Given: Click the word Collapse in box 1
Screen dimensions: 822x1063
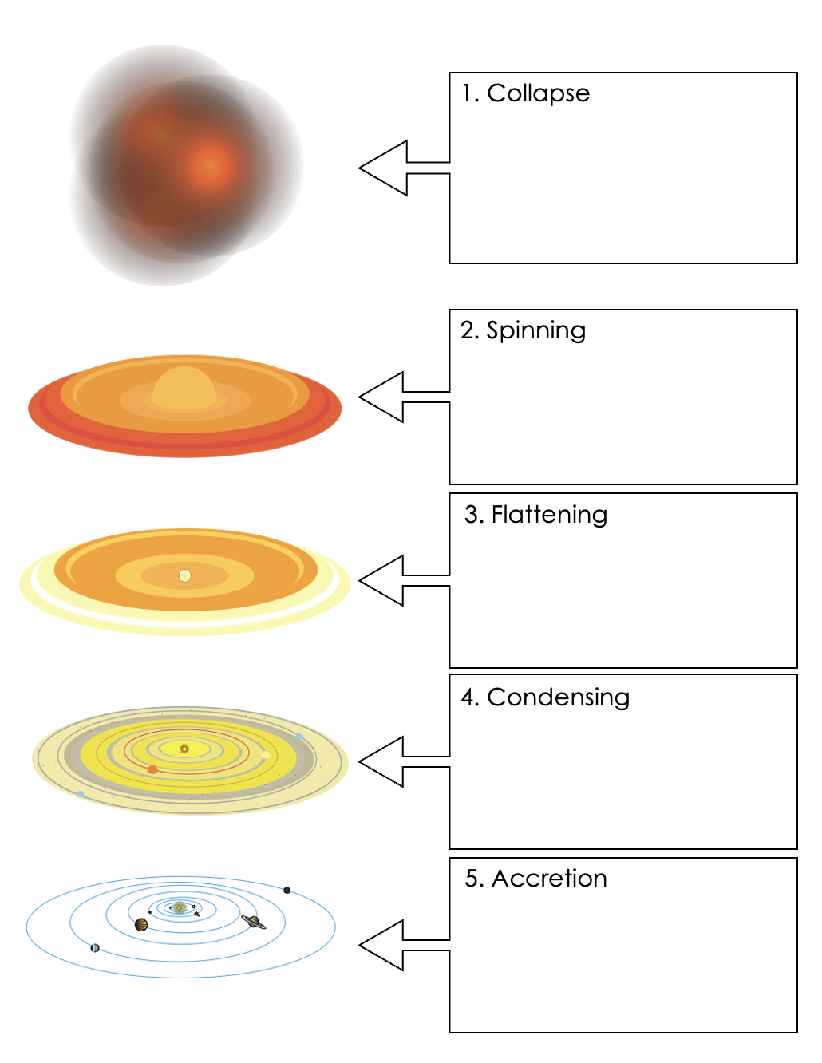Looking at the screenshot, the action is [x=538, y=93].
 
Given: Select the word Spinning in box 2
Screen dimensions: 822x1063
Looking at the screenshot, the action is [x=535, y=330].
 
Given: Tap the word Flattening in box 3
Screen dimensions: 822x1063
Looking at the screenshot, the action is [x=549, y=515].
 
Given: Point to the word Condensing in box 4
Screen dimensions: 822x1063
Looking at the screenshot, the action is [x=558, y=697].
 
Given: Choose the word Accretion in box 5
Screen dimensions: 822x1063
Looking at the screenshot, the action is [x=549, y=879].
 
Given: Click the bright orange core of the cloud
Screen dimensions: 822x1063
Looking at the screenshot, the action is [x=210, y=164].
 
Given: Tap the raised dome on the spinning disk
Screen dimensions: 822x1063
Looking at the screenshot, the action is [x=184, y=388].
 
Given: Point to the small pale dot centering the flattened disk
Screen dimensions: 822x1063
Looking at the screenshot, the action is [x=185, y=575].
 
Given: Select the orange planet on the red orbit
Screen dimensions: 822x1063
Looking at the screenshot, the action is [x=152, y=769].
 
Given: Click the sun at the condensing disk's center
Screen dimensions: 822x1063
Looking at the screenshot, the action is [x=184, y=749].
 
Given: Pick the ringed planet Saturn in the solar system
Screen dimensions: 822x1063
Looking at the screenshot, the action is [x=254, y=922].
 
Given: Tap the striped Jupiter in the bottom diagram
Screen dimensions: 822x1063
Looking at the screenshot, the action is [x=141, y=924].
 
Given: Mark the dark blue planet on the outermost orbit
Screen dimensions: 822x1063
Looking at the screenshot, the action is [x=287, y=890].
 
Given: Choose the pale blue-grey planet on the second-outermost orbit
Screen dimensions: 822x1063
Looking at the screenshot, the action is [x=95, y=948].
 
